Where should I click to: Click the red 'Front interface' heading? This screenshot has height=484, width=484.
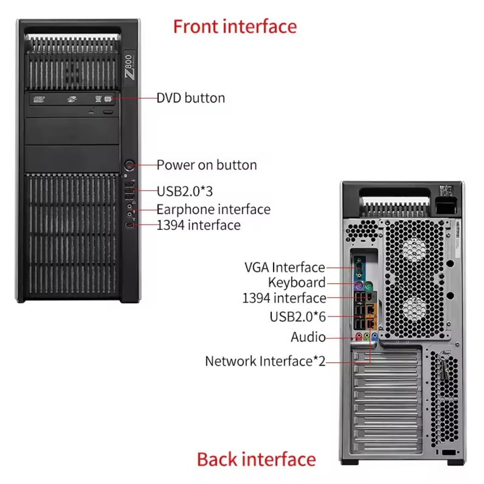click(235, 27)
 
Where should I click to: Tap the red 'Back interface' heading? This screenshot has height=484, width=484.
click(256, 459)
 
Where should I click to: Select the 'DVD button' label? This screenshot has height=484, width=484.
click(191, 98)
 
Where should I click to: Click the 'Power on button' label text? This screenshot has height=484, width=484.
click(207, 165)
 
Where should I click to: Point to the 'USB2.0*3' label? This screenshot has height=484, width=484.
click(184, 191)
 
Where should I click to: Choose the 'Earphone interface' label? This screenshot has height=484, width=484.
click(213, 209)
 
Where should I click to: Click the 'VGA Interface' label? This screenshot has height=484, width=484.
click(285, 267)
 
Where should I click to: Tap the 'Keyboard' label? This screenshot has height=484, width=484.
click(297, 283)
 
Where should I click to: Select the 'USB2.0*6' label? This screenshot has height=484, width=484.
click(298, 317)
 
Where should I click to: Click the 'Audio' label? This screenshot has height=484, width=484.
click(308, 337)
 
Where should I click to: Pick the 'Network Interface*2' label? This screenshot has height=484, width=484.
click(265, 361)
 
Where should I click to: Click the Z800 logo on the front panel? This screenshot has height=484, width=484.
click(129, 67)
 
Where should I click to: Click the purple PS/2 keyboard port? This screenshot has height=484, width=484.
click(359, 287)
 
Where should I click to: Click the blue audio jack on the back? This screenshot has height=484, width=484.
click(375, 335)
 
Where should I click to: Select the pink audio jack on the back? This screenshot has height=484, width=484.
click(359, 336)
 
